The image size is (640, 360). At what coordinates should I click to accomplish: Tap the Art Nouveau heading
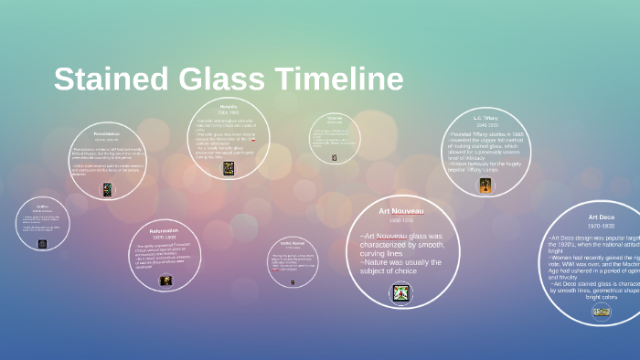(x=401, y=211)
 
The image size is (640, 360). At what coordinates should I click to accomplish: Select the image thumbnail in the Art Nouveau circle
(x=400, y=293)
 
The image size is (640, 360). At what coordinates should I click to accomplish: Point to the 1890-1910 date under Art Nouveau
(x=401, y=221)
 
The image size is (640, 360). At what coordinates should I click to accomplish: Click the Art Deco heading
(x=602, y=217)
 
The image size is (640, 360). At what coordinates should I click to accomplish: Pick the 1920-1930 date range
(x=602, y=226)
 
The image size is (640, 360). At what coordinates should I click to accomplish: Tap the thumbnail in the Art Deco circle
(x=602, y=312)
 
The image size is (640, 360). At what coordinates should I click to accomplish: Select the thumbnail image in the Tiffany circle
(x=485, y=185)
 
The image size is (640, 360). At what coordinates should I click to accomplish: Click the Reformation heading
(x=165, y=231)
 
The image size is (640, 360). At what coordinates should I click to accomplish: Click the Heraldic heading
(x=229, y=106)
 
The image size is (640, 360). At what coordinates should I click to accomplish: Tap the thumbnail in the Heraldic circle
(x=228, y=168)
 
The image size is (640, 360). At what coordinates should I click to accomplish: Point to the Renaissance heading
(x=107, y=133)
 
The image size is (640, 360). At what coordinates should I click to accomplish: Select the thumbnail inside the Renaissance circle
(x=107, y=189)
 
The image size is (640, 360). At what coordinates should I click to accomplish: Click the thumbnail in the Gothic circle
(x=42, y=244)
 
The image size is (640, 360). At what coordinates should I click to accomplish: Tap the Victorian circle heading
(x=335, y=117)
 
